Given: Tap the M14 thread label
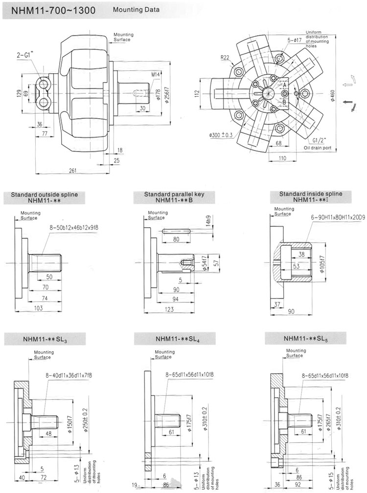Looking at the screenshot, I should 156,74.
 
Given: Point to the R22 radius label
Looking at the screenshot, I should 225,58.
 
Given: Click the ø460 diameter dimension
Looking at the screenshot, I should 333,97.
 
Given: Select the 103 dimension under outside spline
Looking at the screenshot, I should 38,308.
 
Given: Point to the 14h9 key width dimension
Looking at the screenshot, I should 208,222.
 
